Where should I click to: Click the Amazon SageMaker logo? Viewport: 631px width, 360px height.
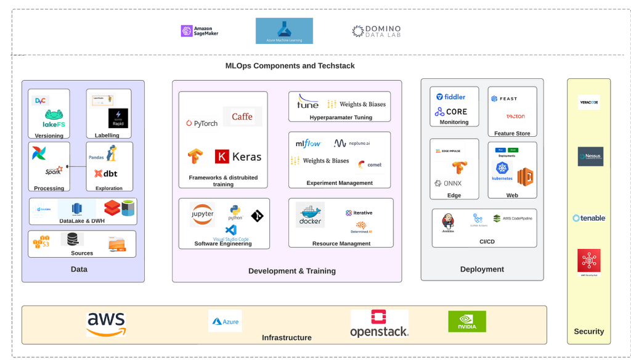click(x=199, y=31)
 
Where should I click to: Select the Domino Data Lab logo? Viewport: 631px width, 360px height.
click(x=376, y=31)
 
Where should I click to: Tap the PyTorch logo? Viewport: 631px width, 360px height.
click(x=202, y=123)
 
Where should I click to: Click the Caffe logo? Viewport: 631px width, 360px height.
click(x=242, y=116)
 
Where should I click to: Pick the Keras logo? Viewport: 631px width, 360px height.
click(x=238, y=157)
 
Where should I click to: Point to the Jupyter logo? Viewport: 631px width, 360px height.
click(x=202, y=214)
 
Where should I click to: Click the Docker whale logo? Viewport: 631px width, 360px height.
click(x=310, y=214)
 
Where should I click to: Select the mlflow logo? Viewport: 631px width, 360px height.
click(x=309, y=143)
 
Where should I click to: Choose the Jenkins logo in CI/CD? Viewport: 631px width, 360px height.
click(x=448, y=223)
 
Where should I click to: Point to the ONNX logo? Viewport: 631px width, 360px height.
click(x=448, y=183)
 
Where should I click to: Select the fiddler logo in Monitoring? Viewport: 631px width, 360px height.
click(x=451, y=97)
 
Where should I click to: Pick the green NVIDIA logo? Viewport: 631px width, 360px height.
click(x=466, y=321)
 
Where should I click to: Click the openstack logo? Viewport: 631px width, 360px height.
click(x=379, y=324)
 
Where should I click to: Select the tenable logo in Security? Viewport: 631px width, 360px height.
click(x=588, y=218)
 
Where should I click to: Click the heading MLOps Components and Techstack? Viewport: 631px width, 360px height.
click(x=290, y=66)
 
